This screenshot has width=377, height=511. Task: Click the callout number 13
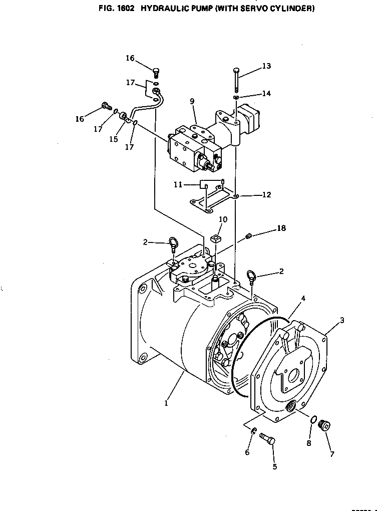pos(266,66)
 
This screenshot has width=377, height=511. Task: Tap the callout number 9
pos(192,101)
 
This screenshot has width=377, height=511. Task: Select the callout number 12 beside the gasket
pos(266,194)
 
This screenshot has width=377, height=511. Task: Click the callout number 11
pos(178,185)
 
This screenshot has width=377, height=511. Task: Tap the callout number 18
pos(281,228)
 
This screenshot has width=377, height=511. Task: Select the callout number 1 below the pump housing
pos(166,403)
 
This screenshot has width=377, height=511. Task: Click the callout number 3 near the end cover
pos(342,320)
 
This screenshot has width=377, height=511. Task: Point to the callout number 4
pos(303,298)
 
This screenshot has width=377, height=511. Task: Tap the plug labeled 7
pos(325,426)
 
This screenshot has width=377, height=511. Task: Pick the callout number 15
pos(113,139)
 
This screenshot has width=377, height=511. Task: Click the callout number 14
pos(266,94)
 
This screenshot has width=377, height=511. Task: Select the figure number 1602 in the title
pos(125,9)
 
